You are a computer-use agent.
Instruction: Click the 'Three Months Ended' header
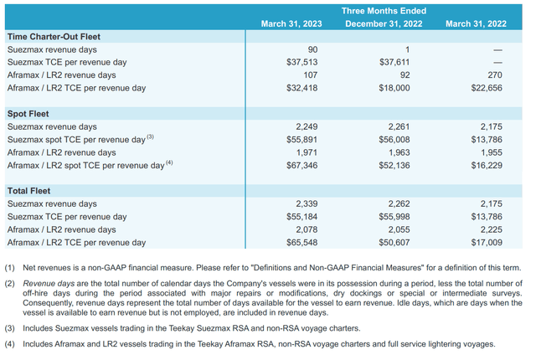383,10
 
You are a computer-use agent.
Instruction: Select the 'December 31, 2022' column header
383,23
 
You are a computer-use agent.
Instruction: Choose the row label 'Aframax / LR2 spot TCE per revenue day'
86,165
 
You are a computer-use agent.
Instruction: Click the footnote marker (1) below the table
10,267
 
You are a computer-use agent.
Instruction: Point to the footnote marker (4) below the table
10,344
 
